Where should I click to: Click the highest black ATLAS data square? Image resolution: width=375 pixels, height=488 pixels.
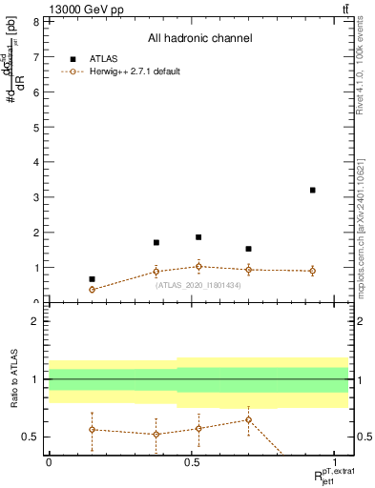[312, 190]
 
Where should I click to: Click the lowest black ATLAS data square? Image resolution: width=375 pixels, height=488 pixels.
[92, 279]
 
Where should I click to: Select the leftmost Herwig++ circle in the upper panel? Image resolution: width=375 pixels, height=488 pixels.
[92, 289]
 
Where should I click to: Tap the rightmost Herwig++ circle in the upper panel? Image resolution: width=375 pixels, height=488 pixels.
[312, 271]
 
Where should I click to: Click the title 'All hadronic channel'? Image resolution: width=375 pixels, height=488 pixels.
[199, 39]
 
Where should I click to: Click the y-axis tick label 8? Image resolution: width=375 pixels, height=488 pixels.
[34, 21]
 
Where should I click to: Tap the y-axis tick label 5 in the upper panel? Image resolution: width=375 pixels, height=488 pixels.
[34, 127]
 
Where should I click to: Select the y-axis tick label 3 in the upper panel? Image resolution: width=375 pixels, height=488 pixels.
[34, 197]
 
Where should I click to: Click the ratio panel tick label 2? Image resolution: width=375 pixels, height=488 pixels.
[34, 321]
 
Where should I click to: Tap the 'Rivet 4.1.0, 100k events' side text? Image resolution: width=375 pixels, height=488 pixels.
[365, 86]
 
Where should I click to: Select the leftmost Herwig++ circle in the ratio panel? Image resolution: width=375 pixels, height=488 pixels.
[92, 429]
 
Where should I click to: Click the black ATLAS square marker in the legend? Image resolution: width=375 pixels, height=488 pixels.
[74, 57]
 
